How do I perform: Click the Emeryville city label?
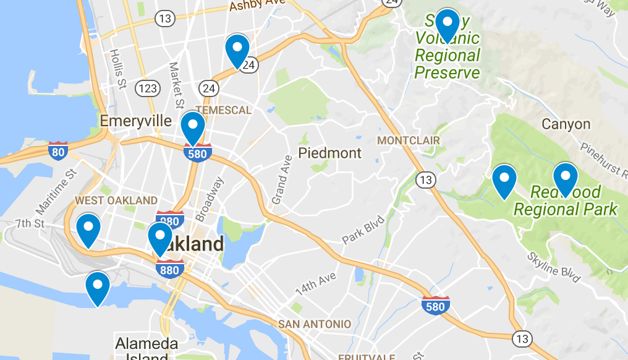[x=135, y=121]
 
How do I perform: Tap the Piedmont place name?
[x=329, y=152]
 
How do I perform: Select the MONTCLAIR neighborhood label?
[x=408, y=140]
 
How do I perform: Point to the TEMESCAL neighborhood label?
[x=223, y=111]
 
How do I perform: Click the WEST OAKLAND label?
[x=116, y=200]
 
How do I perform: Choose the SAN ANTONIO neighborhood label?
[x=314, y=324]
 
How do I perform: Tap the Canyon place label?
[x=566, y=124]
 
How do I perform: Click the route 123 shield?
[x=148, y=88]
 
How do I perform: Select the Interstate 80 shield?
[x=58, y=150]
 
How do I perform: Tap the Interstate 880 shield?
[x=171, y=268]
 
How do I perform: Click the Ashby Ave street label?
[x=257, y=6]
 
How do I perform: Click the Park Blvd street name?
[x=363, y=230]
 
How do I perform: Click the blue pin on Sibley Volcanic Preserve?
[x=447, y=25]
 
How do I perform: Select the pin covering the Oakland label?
[x=159, y=238]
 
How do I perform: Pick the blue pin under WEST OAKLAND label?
[x=88, y=229]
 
